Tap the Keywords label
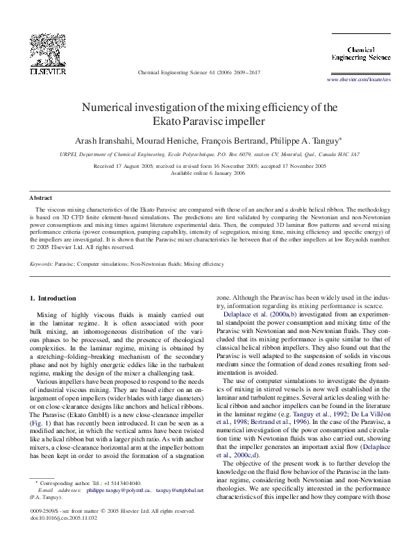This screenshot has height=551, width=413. pos(41,264)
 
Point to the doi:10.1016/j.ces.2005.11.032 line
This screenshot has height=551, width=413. pos(64,536)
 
